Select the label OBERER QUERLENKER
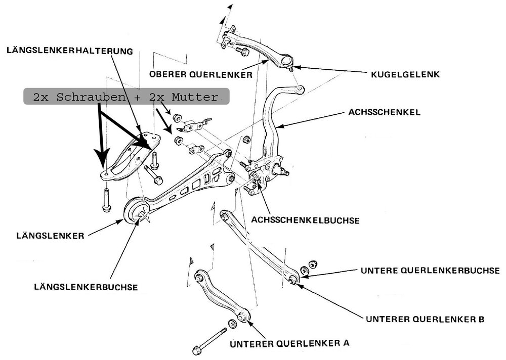coord(201,74)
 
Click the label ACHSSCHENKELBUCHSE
coord(305,220)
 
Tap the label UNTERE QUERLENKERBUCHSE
coord(430,271)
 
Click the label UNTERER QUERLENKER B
coord(425,319)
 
